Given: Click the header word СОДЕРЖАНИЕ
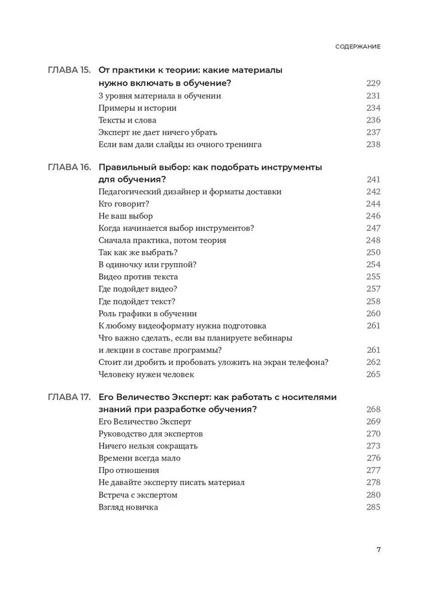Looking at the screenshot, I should (x=358, y=46).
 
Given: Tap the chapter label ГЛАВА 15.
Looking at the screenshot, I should (x=69, y=70).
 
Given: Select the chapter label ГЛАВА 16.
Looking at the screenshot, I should (x=69, y=167).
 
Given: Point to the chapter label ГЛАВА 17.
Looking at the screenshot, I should (x=69, y=396).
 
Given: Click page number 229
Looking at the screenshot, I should (x=373, y=83).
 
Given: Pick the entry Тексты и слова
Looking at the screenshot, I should (x=127, y=120).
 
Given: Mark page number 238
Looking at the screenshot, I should (x=373, y=144).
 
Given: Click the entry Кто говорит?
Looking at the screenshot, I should (x=124, y=204).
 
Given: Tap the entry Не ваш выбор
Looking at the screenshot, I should (x=125, y=216).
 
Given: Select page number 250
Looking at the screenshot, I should (x=373, y=252).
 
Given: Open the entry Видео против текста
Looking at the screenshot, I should (x=138, y=277).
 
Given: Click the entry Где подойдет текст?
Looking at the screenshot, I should (x=136, y=301).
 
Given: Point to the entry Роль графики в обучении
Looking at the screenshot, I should (x=147, y=313).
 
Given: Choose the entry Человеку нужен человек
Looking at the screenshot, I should (x=146, y=374).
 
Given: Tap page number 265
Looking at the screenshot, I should (x=373, y=374).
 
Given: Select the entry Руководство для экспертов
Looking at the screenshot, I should (x=150, y=434).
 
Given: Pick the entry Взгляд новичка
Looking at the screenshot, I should (x=128, y=507).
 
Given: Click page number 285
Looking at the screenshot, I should (x=373, y=507).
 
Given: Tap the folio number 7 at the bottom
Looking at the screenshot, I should (x=378, y=551).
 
